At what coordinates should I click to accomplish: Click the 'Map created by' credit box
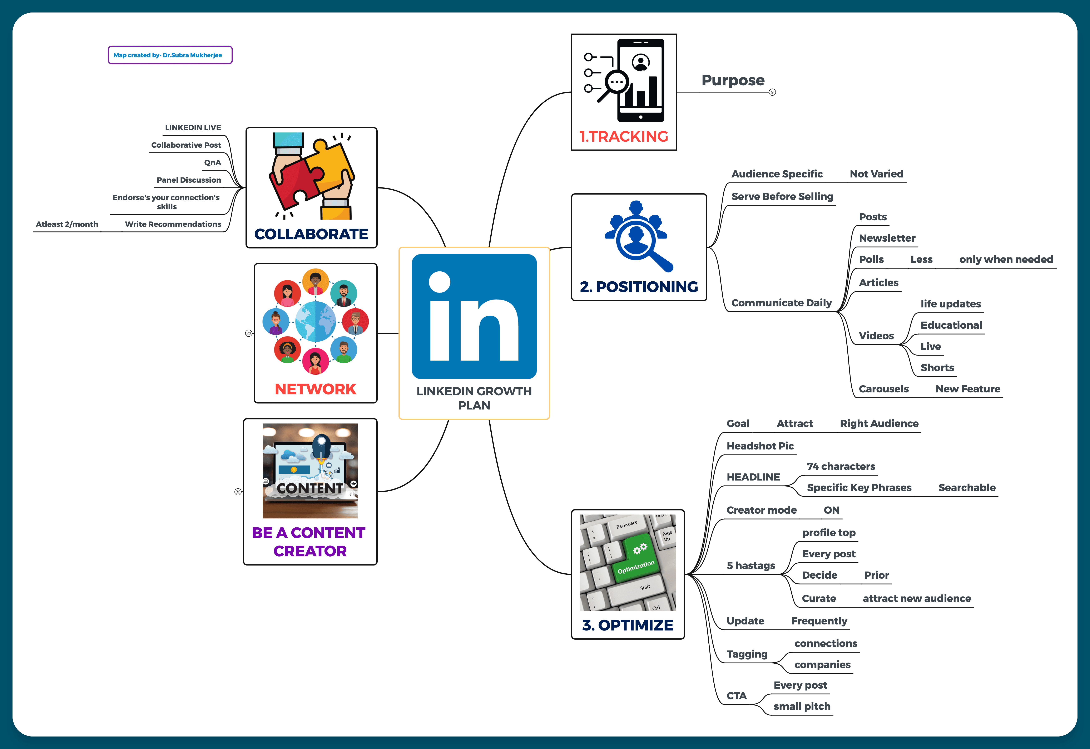170,55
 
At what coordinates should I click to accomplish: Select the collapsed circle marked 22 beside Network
249,333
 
